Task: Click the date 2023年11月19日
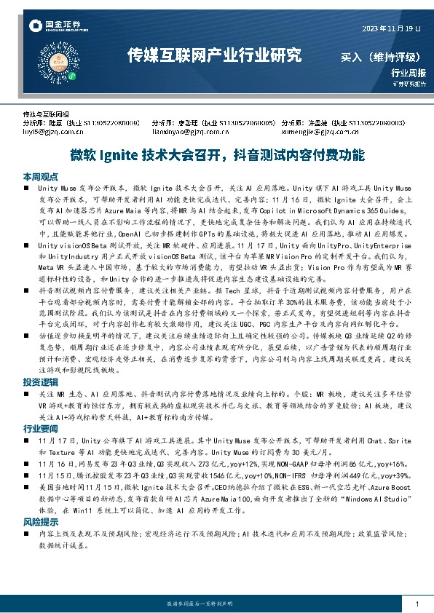pyautogui.click(x=392, y=28)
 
